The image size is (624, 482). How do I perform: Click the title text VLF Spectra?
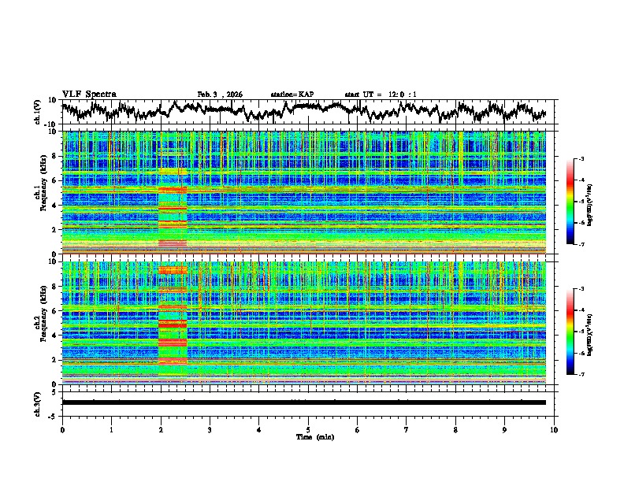[89, 94]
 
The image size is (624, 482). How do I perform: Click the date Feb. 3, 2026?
[220, 95]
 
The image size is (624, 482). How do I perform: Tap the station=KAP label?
[292, 95]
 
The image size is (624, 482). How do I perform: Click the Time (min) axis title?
[308, 436]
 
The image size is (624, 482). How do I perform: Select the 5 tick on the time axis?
[308, 429]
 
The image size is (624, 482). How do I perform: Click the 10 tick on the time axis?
[554, 429]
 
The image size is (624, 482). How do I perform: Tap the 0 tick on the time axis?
[62, 429]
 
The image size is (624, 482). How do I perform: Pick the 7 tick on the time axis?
[407, 429]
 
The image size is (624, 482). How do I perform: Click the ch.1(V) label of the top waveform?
[37, 112]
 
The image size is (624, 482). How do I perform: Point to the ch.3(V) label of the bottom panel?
[37, 402]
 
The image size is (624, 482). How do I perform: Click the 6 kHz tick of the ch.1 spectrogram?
[56, 180]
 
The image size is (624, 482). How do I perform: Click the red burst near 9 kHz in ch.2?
[173, 270]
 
